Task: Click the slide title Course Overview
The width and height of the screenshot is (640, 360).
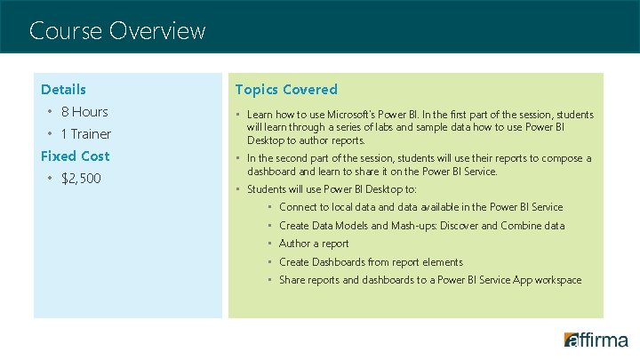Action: click(117, 31)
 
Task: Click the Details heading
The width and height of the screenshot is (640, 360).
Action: click(63, 89)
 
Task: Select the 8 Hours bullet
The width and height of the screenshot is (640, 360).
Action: click(84, 112)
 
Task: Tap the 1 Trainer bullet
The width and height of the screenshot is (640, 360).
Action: click(85, 134)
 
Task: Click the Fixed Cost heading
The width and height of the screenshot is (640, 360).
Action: click(75, 156)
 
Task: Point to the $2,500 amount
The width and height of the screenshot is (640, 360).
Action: click(81, 179)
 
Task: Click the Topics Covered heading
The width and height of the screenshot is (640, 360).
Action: click(286, 89)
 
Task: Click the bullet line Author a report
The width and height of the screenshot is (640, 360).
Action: click(314, 244)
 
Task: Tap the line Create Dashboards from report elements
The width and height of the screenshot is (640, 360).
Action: click(371, 262)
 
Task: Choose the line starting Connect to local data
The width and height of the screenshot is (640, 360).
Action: click(420, 207)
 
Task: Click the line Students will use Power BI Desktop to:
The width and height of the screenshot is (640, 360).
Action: click(332, 189)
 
